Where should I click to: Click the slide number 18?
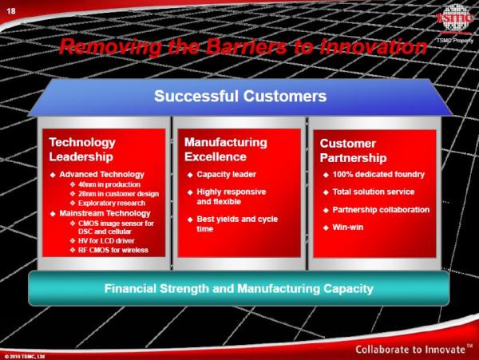click(x=11, y=11)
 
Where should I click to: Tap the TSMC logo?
click(x=455, y=18)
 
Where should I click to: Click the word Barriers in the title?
click(x=246, y=47)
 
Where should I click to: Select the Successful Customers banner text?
click(x=240, y=96)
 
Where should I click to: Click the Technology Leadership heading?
click(x=82, y=149)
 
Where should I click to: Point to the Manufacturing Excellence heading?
click(x=226, y=149)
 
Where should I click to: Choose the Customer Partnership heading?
click(x=353, y=151)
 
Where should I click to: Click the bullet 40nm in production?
click(x=109, y=184)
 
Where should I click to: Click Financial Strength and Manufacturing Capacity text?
click(x=239, y=288)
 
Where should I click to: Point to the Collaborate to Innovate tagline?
click(x=414, y=350)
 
